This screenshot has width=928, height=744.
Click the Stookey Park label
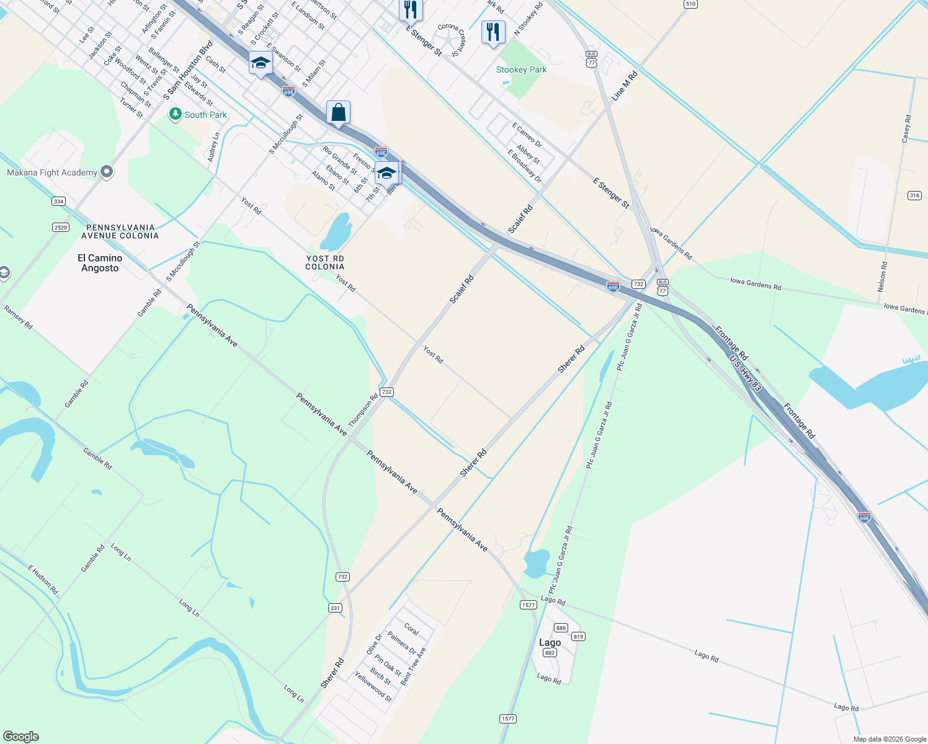[521, 69]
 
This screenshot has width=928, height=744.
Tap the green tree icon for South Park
[176, 114]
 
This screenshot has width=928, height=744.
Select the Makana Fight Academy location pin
[107, 172]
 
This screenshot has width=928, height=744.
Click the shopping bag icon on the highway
[338, 113]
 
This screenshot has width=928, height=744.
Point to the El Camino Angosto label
[100, 263]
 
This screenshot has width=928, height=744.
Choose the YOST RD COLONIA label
[324, 262]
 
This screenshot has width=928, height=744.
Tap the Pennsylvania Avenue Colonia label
[120, 231]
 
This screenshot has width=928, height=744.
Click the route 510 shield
[690, 4]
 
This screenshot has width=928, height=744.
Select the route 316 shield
[914, 195]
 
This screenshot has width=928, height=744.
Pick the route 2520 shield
[61, 228]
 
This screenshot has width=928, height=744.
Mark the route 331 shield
[335, 608]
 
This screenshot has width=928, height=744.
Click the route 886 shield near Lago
[561, 627]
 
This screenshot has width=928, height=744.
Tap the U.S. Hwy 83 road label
[745, 373]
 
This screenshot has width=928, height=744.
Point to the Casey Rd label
[906, 128]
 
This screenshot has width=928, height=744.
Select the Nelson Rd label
[882, 277]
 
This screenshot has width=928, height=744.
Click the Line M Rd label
[625, 86]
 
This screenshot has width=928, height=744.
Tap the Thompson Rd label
[363, 410]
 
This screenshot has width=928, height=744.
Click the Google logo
[21, 737]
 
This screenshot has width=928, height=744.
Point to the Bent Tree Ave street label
[413, 666]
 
